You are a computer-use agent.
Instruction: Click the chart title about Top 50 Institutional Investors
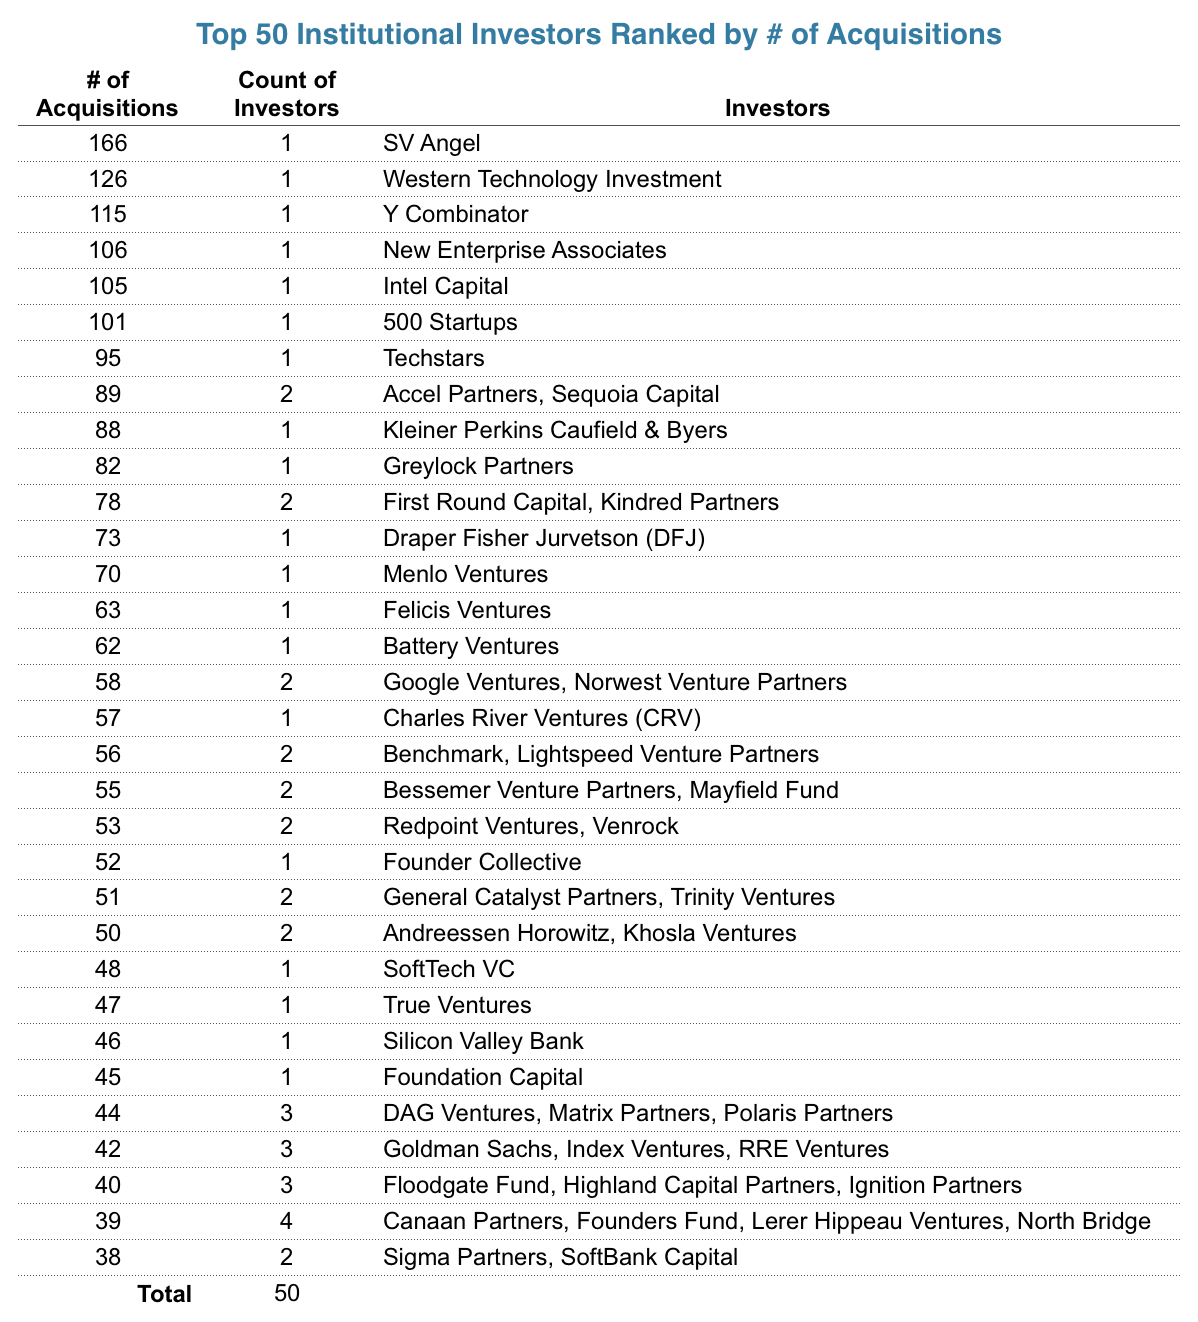(x=599, y=35)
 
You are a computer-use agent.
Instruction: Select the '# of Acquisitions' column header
(x=107, y=94)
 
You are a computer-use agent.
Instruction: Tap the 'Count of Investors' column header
(x=286, y=94)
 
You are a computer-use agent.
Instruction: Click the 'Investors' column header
(x=777, y=108)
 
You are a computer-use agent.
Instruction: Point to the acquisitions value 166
(x=107, y=143)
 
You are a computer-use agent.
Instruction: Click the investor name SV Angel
(x=431, y=143)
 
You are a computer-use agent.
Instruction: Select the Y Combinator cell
(x=455, y=215)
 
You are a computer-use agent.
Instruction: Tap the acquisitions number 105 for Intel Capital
(x=107, y=287)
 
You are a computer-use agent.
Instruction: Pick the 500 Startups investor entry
(x=450, y=323)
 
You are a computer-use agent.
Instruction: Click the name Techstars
(x=433, y=359)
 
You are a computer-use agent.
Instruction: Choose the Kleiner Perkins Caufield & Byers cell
(x=555, y=430)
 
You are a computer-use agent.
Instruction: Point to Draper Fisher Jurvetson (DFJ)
(x=544, y=538)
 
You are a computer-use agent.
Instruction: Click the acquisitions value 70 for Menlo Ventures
(x=107, y=574)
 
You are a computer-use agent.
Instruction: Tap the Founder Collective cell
(x=482, y=862)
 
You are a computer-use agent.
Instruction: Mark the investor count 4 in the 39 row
(x=286, y=1221)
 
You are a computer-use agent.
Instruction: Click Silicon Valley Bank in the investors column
(x=483, y=1041)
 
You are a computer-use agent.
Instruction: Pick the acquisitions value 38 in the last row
(x=107, y=1257)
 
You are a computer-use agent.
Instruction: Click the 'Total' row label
(x=165, y=1294)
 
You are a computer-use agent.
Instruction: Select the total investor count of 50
(x=286, y=1293)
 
